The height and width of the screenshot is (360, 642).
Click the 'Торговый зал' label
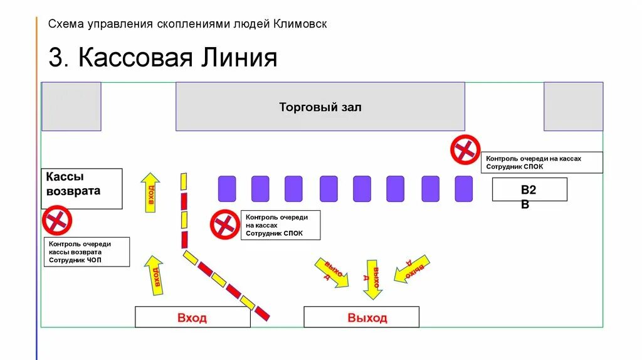click(x=320, y=107)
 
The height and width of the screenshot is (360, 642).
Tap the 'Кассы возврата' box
click(x=82, y=188)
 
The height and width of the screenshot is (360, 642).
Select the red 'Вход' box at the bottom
click(x=192, y=317)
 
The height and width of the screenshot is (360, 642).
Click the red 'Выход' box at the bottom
click(x=367, y=317)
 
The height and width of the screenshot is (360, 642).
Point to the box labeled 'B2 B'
click(x=529, y=189)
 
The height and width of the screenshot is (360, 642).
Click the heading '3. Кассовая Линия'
click(x=163, y=58)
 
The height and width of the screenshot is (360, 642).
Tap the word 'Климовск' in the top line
click(x=300, y=24)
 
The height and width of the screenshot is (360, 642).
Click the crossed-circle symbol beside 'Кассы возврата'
click(x=57, y=220)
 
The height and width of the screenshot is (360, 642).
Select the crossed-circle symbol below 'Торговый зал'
click(x=465, y=149)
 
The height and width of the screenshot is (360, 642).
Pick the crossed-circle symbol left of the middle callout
click(x=224, y=225)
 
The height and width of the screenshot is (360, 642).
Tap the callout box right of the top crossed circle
click(x=542, y=162)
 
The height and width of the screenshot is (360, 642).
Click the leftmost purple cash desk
click(x=227, y=189)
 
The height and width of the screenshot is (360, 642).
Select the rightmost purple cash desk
click(x=463, y=189)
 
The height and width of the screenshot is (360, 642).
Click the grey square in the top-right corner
click(x=573, y=107)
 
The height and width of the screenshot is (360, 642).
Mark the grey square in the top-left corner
click(x=71, y=107)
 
